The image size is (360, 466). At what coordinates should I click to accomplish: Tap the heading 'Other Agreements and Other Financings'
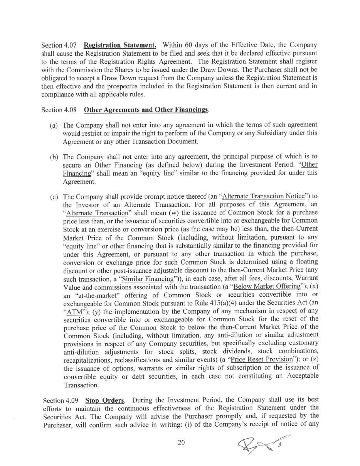[x=146, y=110]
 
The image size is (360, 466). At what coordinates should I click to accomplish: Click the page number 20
[x=181, y=442]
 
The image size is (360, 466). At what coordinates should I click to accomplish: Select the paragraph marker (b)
[x=54, y=157]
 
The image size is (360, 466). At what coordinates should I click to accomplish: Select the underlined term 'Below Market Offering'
[x=267, y=287]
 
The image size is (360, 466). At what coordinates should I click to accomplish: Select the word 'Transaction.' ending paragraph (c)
[x=81, y=385]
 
